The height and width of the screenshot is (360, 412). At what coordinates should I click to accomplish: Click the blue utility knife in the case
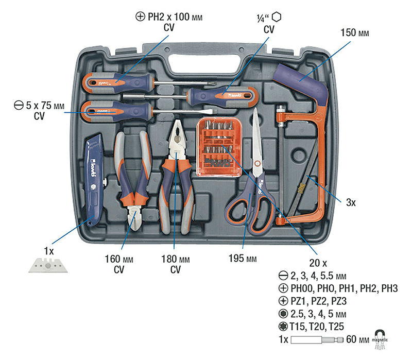point(94,179)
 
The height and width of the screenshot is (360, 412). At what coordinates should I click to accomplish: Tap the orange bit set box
point(219,147)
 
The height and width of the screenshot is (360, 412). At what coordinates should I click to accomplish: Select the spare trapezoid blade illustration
point(48,265)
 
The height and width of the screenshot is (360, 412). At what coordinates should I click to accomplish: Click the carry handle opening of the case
point(205,64)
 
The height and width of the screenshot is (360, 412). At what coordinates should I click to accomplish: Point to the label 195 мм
point(243,259)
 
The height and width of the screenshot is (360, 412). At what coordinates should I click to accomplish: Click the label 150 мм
point(355,33)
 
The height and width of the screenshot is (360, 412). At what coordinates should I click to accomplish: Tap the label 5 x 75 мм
point(45,106)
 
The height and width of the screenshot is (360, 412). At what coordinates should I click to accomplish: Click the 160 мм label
point(119,259)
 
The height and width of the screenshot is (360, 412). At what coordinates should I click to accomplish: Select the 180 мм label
point(176,259)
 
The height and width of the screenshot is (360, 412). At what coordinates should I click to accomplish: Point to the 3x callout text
point(351,202)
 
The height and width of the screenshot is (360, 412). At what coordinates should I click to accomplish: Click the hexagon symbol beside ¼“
point(277,17)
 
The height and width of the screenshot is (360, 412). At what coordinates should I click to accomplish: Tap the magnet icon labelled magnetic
point(380,339)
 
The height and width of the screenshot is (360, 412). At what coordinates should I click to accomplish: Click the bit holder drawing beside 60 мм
point(317,340)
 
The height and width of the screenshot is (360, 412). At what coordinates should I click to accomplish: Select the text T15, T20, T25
point(317,327)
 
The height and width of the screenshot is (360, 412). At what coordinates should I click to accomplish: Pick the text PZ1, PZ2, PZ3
point(318,301)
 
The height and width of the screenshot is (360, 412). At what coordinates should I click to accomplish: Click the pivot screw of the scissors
point(257,163)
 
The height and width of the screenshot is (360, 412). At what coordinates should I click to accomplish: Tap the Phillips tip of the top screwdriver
point(213,84)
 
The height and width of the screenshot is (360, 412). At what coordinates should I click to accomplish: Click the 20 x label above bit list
point(318,263)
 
